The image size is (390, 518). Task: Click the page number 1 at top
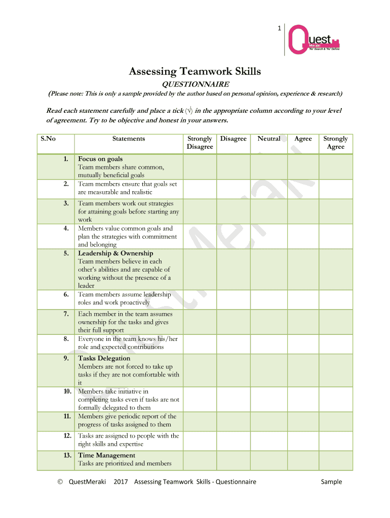click(x=279, y=28)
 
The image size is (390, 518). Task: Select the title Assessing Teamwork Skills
click(x=195, y=71)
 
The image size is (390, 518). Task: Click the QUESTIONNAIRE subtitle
click(x=195, y=84)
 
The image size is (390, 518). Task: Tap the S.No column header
click(x=48, y=139)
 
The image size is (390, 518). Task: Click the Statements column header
click(x=129, y=139)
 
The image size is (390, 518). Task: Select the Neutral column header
click(x=268, y=139)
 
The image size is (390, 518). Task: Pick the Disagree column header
click(x=233, y=139)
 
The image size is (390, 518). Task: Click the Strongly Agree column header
click(x=335, y=143)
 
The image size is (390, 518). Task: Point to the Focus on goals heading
click(x=100, y=159)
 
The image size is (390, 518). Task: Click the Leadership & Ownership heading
click(x=115, y=253)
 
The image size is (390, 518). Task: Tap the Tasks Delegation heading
click(x=104, y=359)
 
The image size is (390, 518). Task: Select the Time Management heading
click(x=106, y=456)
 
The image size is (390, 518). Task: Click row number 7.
click(x=66, y=314)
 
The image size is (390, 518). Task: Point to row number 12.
click(x=66, y=436)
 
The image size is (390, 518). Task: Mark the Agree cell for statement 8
click(x=303, y=343)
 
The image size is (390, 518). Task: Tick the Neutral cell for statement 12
click(x=268, y=440)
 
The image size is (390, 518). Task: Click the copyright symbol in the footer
click(x=60, y=482)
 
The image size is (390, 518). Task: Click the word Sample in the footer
click(x=331, y=482)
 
